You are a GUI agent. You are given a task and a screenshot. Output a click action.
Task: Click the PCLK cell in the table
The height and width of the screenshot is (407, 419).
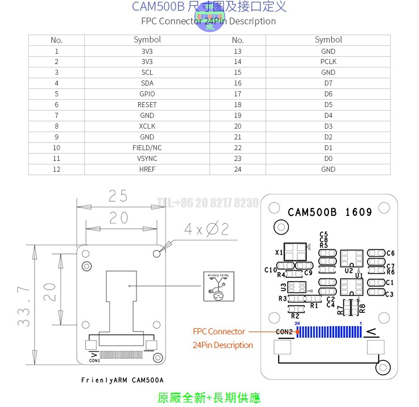(328, 62)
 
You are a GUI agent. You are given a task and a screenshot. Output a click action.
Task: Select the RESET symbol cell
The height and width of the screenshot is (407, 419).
(147, 105)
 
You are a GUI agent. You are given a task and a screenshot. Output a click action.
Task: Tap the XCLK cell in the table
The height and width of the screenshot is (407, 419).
(147, 126)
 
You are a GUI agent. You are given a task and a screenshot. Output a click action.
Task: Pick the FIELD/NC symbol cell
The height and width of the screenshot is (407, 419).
(147, 148)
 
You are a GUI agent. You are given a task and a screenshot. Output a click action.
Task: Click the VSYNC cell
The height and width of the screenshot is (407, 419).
(147, 159)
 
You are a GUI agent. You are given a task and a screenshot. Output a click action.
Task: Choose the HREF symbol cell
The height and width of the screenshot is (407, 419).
(147, 169)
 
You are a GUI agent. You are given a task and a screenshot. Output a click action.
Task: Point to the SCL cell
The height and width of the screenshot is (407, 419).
(147, 73)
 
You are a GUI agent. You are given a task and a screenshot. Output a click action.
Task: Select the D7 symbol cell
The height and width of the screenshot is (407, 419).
(328, 83)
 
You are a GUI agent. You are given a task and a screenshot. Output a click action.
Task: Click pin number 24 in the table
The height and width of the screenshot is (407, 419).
(237, 169)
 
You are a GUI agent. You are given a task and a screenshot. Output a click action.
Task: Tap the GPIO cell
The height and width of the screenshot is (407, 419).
(147, 94)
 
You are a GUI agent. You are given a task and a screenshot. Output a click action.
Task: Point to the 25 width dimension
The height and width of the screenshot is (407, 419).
(118, 196)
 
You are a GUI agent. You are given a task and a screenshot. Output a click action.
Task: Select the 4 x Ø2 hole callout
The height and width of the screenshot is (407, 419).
(206, 229)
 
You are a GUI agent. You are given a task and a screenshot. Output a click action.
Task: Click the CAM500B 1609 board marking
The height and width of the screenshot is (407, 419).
(330, 213)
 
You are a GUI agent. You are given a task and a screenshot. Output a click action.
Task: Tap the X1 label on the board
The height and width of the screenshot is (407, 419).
(279, 252)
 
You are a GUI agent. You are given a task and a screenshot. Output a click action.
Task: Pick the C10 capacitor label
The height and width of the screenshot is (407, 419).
(270, 270)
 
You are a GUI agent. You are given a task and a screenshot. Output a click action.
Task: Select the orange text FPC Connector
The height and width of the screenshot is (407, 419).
(219, 332)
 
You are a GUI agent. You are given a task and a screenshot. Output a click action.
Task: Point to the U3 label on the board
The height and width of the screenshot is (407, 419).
(283, 287)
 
